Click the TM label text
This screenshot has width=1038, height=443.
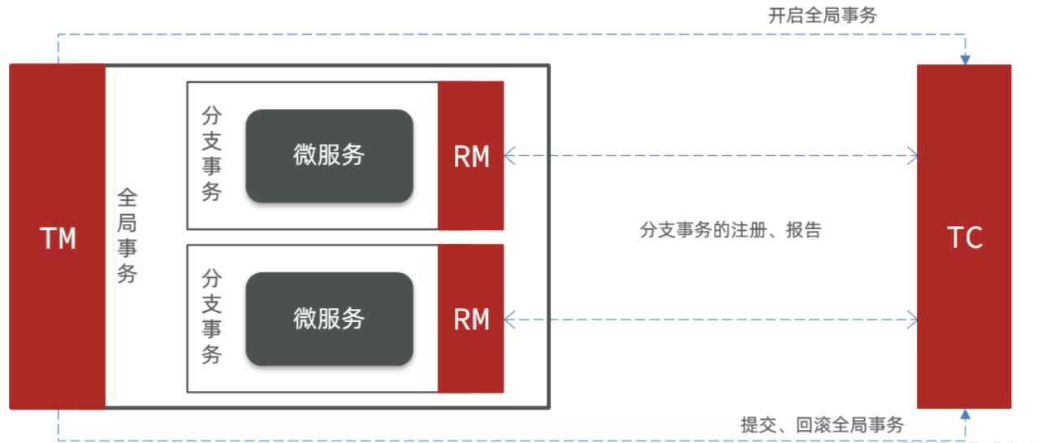click(x=58, y=238)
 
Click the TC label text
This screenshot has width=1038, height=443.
click(x=964, y=238)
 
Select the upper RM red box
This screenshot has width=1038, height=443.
click(x=471, y=155)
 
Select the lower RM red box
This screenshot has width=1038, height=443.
click(x=471, y=319)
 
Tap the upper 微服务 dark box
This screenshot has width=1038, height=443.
click(x=329, y=155)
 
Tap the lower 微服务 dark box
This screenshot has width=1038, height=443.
click(x=329, y=319)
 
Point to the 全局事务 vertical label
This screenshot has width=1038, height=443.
click(x=128, y=236)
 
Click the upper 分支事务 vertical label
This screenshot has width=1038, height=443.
click(x=211, y=155)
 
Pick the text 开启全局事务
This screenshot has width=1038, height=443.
click(x=822, y=15)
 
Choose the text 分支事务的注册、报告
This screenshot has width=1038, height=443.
click(x=731, y=231)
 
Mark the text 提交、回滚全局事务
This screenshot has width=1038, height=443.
click(x=822, y=425)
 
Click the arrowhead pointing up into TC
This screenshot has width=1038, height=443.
click(x=965, y=415)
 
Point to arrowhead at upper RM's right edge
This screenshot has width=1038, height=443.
click(x=509, y=155)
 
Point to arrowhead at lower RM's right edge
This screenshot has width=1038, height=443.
click(x=509, y=319)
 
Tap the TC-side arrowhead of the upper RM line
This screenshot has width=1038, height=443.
click(x=912, y=155)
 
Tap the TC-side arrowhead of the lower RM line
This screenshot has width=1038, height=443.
click(x=912, y=319)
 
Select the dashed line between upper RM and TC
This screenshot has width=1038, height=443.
click(x=711, y=155)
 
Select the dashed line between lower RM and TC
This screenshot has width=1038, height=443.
click(x=711, y=319)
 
